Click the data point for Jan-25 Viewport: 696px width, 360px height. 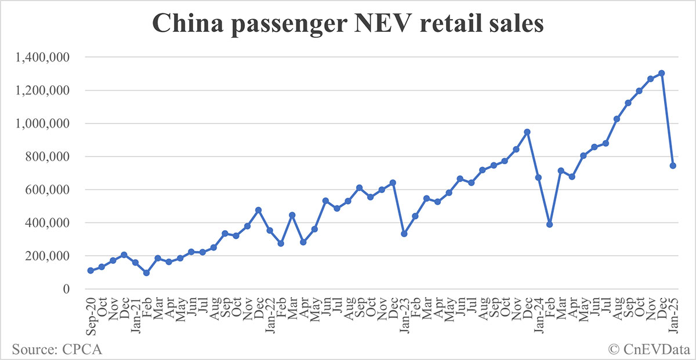673,166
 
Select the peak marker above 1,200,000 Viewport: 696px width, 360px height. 662,73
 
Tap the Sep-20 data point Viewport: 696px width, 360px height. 90,271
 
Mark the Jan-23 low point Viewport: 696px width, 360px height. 404,234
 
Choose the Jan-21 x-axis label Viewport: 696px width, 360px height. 135,316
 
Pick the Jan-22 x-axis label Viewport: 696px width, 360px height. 270,316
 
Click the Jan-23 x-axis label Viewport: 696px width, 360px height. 404,316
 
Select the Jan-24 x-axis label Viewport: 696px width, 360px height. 539,316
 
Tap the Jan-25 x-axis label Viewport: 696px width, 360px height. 673,316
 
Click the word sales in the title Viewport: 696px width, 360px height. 515,25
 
